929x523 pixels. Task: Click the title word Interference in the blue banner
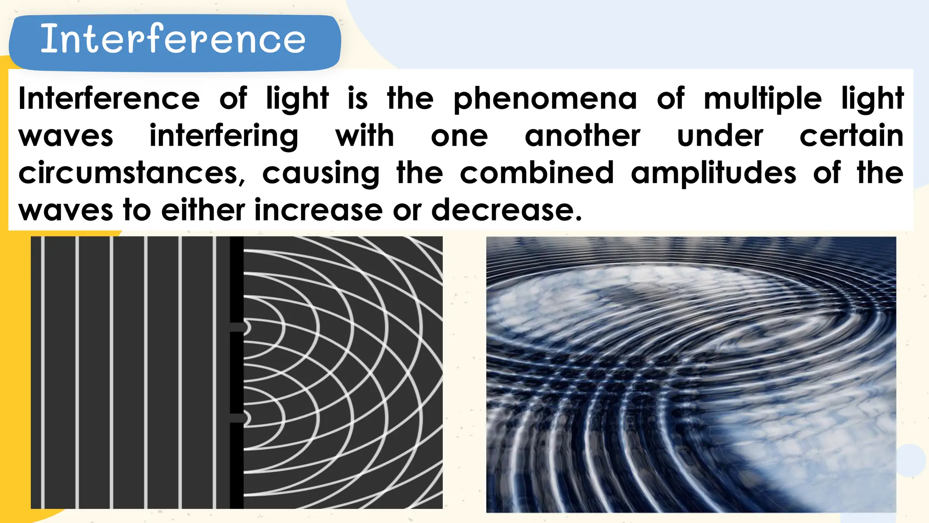[173, 39]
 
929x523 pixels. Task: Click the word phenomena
[545, 99]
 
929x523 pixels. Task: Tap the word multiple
[763, 99]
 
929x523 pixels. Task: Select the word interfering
[224, 137]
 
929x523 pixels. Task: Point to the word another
[582, 136]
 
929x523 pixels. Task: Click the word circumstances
[132, 173]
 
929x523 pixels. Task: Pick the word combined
[537, 173]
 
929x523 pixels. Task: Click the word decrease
[506, 210]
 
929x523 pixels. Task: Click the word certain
[851, 136]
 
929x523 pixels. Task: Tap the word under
[720, 136]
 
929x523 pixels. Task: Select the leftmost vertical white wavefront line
[43, 372]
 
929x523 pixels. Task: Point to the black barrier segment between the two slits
[236, 372]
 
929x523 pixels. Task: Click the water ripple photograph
[691, 375]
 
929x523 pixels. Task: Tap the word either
[203, 210]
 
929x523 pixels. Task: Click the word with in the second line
[365, 136]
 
